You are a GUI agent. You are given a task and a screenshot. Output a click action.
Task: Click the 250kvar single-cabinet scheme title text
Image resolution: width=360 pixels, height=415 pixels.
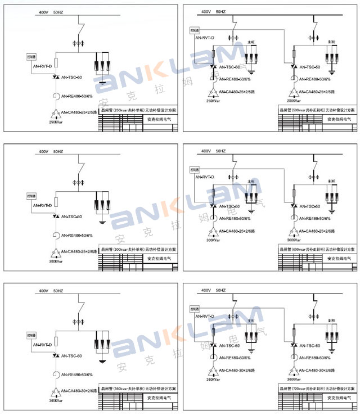pyautogui.click(x=138, y=111)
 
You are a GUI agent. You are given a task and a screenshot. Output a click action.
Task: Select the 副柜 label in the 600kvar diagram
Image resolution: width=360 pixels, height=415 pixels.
pyautogui.click(x=332, y=182)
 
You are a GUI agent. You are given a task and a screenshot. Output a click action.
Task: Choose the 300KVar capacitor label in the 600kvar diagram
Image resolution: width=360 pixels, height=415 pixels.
pyautogui.click(x=213, y=240)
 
